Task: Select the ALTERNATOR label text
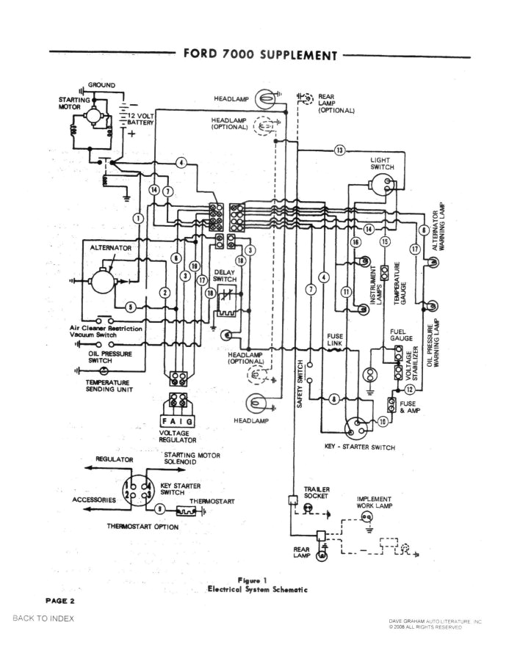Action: tap(111, 248)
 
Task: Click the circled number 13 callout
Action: tap(340, 150)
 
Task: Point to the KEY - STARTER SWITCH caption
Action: tap(359, 447)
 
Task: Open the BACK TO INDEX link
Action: tap(43, 618)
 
